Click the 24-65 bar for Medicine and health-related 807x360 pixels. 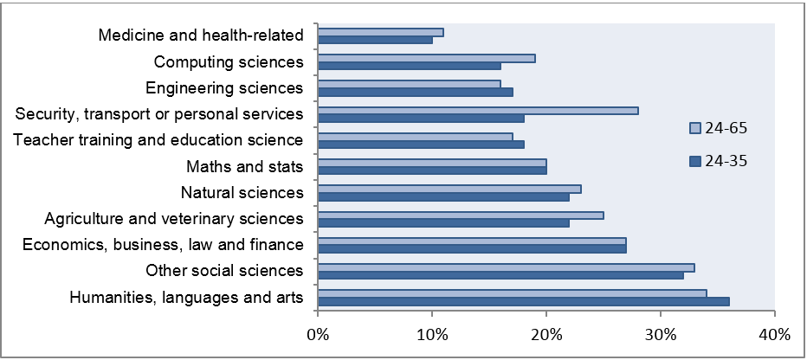(381, 32)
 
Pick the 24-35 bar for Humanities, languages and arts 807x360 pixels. (524, 301)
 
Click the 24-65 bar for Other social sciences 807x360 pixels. (507, 267)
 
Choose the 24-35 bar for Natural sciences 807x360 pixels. (444, 196)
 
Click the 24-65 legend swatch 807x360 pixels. (694, 128)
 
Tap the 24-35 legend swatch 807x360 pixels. (694, 160)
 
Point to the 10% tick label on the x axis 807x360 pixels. (432, 334)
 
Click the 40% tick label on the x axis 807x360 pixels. (774, 334)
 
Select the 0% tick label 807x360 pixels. (319, 334)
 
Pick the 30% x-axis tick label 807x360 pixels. (661, 334)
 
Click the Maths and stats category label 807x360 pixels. (244, 166)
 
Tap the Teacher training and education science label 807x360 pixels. (159, 139)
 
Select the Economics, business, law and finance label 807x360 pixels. (163, 244)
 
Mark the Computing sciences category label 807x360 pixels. (229, 61)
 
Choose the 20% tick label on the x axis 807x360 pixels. (546, 334)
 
